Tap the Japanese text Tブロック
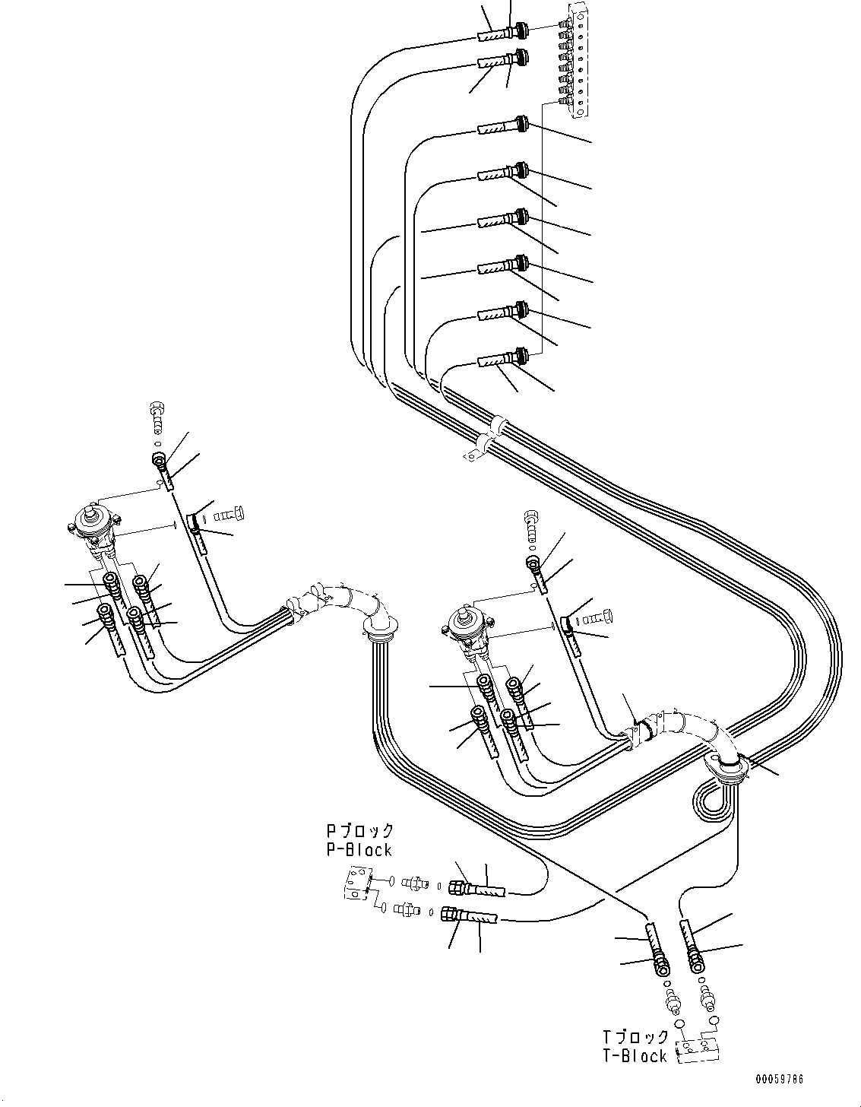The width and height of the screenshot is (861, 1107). [x=636, y=1037]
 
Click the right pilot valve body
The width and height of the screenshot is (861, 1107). [x=466, y=624]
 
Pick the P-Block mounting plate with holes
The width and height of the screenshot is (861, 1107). [x=356, y=884]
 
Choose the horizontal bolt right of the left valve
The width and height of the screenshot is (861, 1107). [x=228, y=515]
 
